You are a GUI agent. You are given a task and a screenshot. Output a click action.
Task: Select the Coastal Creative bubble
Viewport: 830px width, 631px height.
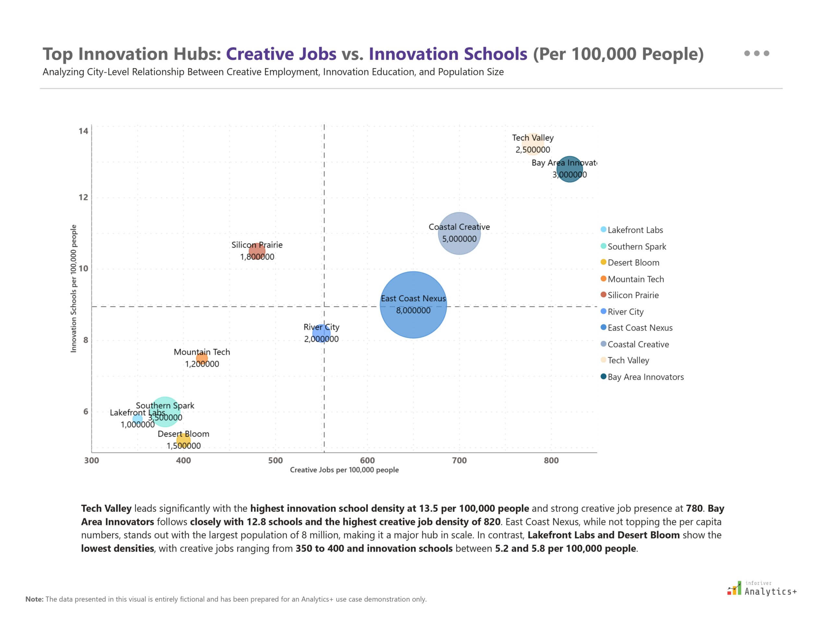(459, 248)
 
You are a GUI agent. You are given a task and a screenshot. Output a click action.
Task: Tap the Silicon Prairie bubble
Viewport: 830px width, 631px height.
(257, 251)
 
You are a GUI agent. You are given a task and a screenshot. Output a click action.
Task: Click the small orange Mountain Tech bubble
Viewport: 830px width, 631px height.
(202, 358)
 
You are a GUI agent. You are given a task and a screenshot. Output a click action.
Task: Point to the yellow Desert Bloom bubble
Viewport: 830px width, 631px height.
(183, 440)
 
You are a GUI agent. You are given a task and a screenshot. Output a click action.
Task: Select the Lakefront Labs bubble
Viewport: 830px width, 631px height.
(138, 419)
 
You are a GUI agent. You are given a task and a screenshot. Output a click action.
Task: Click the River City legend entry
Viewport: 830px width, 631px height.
(625, 312)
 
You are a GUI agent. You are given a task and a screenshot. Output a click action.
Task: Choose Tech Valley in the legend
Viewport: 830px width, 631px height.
(628, 360)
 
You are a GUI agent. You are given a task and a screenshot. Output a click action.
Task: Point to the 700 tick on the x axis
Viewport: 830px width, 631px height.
(459, 460)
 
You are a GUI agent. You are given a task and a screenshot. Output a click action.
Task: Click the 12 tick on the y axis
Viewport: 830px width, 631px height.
(83, 197)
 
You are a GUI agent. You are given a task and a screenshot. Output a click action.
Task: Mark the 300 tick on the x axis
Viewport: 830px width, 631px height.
(92, 460)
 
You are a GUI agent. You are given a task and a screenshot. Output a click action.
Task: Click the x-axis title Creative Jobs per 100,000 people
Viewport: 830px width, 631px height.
(344, 470)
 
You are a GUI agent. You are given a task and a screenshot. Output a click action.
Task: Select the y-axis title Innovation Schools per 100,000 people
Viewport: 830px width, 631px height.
(74, 288)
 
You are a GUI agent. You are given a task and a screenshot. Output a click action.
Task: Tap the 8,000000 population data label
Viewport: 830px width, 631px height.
(413, 310)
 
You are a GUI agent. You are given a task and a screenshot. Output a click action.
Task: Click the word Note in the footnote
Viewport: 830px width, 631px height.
(34, 599)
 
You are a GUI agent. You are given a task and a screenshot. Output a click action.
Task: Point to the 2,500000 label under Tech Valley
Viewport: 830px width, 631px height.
(533, 150)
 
